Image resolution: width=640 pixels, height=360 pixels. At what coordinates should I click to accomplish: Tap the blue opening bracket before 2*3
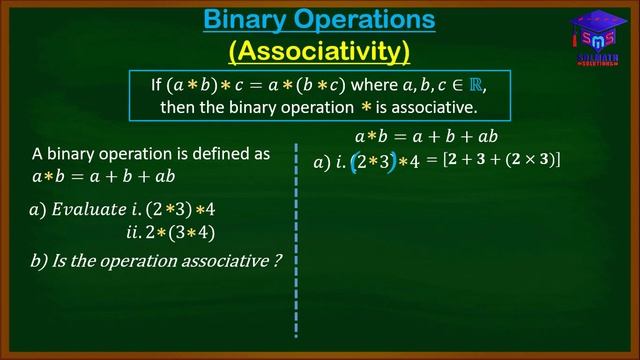[353, 160]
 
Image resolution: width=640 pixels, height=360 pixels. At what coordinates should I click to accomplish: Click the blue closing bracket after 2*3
[392, 160]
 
